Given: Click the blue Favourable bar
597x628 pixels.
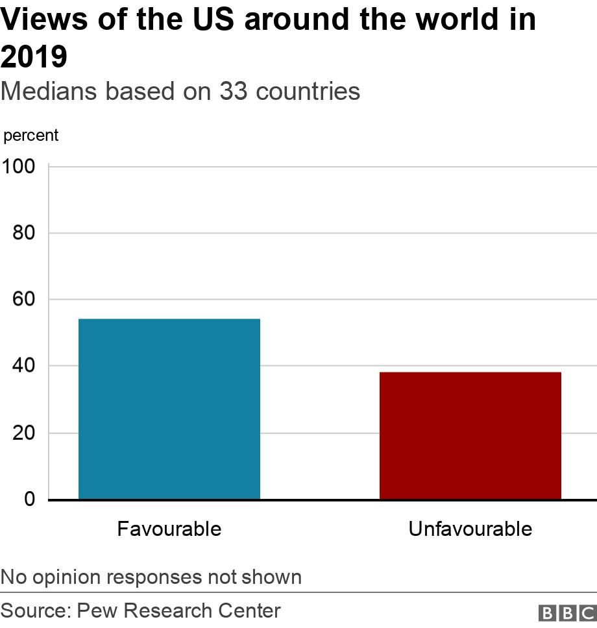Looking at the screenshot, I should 169,409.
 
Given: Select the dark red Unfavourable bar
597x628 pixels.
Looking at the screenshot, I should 470,435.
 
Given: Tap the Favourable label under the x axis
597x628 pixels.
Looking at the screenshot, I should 169,529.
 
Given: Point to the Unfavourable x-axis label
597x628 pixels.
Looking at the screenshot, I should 470,529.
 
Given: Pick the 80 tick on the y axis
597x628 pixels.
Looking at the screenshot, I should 24,233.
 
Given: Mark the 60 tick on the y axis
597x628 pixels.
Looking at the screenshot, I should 24,300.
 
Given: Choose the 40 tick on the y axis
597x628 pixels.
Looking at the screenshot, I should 24,366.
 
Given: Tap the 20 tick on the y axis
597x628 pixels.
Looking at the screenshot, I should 24,433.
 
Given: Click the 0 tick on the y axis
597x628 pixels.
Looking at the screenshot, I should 30,500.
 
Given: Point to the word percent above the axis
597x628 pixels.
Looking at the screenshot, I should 30,136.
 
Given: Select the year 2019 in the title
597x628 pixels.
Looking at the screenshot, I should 34,57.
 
